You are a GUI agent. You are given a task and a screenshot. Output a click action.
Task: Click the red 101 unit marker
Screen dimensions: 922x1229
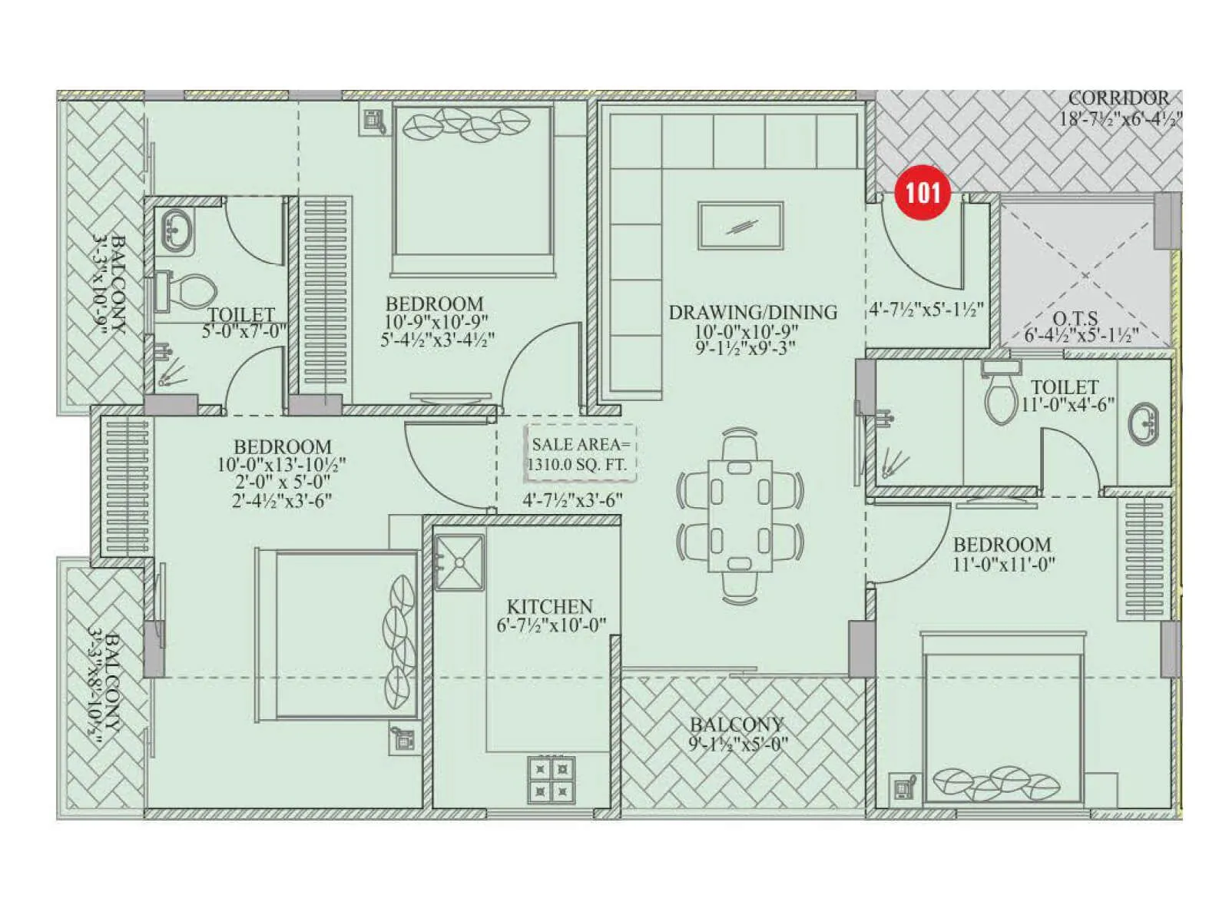(x=923, y=192)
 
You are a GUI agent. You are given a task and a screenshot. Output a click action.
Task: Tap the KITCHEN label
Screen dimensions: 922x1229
(x=549, y=606)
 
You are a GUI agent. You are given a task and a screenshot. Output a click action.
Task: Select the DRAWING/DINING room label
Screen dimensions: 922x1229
(x=752, y=313)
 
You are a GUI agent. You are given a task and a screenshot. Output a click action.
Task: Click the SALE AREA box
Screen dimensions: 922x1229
(x=580, y=454)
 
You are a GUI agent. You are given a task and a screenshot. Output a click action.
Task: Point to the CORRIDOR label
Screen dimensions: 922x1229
(x=1118, y=98)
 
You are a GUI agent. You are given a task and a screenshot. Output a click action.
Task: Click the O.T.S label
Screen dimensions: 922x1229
(x=1075, y=318)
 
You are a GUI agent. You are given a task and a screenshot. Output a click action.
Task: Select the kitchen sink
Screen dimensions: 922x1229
(x=459, y=562)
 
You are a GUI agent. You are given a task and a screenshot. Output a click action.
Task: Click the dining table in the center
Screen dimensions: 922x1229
(x=740, y=515)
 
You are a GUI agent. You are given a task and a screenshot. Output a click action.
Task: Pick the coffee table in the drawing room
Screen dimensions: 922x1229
(x=740, y=226)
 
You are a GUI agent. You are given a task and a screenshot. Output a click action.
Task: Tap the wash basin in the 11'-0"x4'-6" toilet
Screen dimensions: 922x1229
(x=1144, y=423)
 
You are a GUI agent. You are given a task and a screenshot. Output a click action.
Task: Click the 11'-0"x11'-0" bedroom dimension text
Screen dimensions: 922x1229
(x=1003, y=564)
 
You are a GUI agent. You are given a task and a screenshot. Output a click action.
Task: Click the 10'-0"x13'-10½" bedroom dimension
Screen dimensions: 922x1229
(x=281, y=465)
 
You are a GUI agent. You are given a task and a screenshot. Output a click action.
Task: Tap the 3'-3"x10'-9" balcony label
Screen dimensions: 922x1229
(x=108, y=284)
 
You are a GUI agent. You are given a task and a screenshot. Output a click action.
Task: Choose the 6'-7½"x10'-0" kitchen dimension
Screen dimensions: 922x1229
(x=551, y=625)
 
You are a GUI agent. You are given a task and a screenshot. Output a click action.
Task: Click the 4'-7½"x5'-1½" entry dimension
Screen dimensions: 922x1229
(x=926, y=310)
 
